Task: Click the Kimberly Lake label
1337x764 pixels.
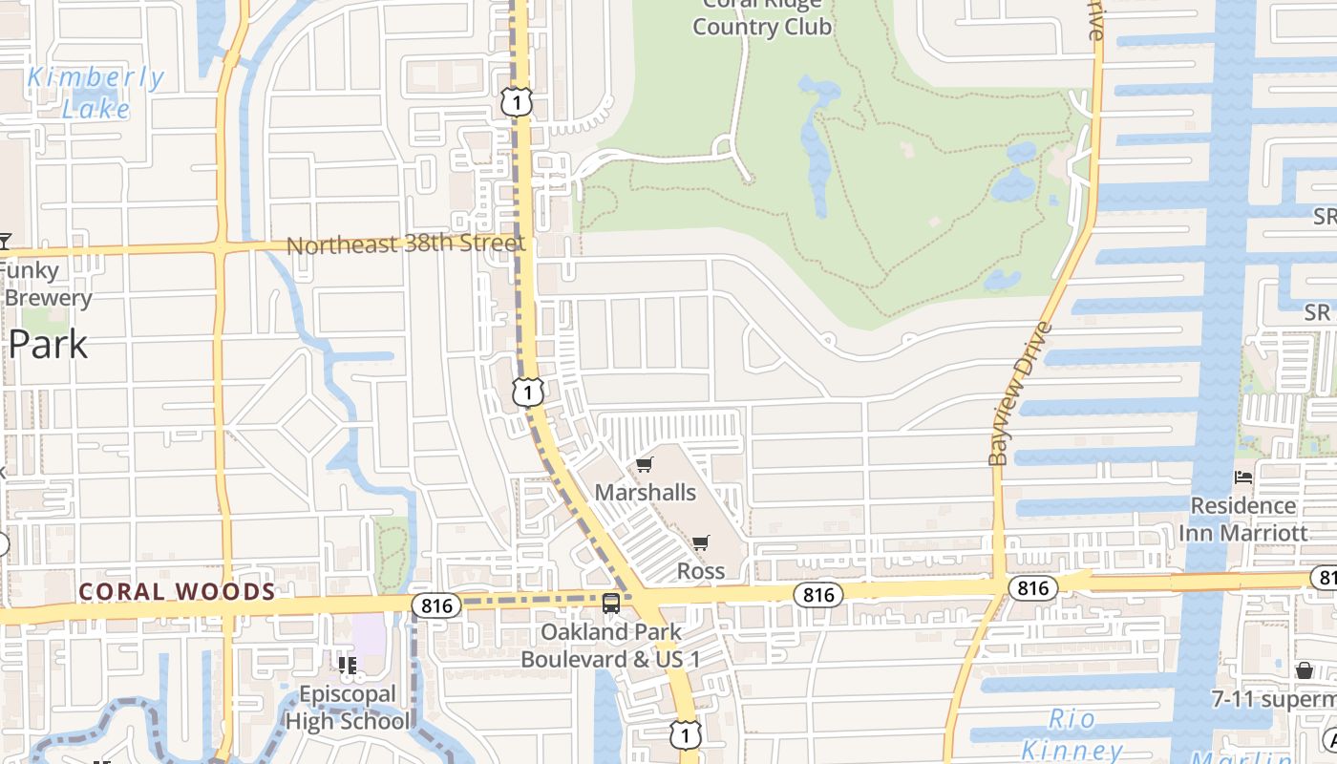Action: (95, 93)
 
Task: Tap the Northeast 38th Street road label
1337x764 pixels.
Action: (406, 244)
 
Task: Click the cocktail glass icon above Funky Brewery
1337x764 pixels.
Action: (4, 241)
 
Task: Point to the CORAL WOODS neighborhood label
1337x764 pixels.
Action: (177, 592)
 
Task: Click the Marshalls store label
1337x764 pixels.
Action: (646, 493)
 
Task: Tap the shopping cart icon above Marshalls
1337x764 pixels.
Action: (645, 465)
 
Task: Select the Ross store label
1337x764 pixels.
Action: (701, 571)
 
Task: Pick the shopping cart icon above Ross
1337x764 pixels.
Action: (701, 543)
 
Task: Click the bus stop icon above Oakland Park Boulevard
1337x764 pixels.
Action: (611, 604)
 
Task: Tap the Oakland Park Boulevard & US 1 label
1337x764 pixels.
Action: (611, 646)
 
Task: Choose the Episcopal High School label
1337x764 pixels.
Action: (348, 708)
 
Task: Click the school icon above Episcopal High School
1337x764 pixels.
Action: (348, 665)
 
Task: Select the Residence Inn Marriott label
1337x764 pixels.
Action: (1242, 519)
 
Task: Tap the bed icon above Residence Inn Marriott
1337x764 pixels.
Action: (1242, 477)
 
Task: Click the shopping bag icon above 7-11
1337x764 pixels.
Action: (1305, 670)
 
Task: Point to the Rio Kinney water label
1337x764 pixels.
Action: (1072, 733)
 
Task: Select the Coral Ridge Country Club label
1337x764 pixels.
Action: (762, 17)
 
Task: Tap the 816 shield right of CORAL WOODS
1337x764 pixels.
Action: (436, 605)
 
